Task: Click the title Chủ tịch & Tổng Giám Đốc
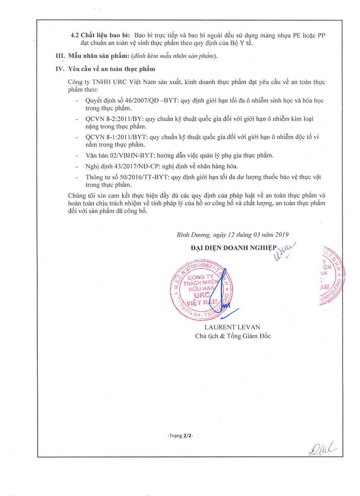click(233, 336)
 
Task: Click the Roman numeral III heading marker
click(61, 56)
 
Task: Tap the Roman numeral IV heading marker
click(61, 69)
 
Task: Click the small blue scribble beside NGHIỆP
click(285, 250)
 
